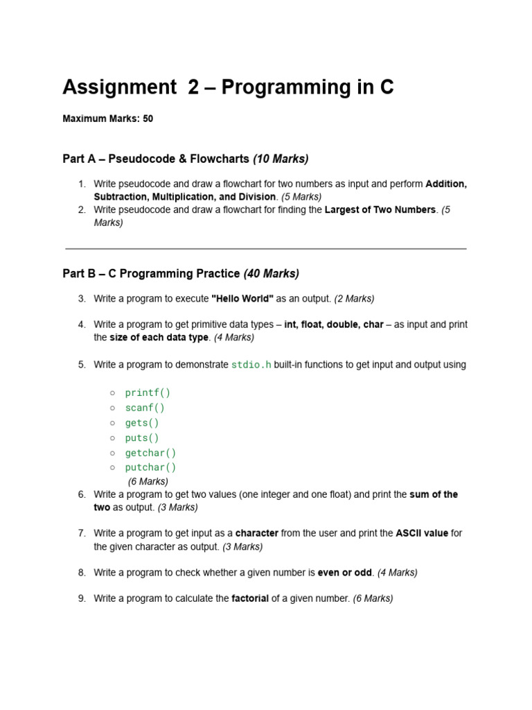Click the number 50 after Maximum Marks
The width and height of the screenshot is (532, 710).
(x=148, y=119)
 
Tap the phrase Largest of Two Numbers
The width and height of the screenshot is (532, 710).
(x=380, y=209)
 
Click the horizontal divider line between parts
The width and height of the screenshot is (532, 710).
(x=266, y=248)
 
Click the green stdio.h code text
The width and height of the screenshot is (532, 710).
(x=251, y=365)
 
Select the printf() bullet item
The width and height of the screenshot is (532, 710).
(x=148, y=392)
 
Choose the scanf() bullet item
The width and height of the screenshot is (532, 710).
(x=145, y=408)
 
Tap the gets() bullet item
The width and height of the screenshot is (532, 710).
(x=142, y=423)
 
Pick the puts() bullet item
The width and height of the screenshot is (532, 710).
(x=142, y=438)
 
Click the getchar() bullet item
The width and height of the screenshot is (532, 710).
(x=150, y=453)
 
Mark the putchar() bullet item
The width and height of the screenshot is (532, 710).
(x=150, y=467)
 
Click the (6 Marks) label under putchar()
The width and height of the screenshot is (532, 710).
(x=148, y=481)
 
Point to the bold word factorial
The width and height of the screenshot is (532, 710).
(x=250, y=598)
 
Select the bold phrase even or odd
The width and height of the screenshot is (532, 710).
(x=345, y=573)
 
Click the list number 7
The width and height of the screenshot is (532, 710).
(x=82, y=533)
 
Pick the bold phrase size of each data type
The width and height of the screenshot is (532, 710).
(x=159, y=338)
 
